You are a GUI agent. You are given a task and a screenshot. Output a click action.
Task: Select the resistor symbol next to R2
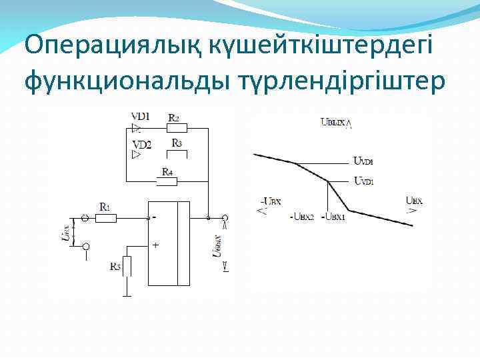click(176, 128)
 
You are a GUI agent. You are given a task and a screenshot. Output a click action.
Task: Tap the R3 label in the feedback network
click(177, 143)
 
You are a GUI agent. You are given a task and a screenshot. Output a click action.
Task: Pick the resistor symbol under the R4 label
click(167, 181)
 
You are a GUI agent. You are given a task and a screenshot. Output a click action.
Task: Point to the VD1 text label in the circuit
click(141, 116)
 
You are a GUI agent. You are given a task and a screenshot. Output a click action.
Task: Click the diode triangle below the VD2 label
click(137, 155)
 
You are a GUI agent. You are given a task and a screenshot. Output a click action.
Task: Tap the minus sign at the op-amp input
click(154, 217)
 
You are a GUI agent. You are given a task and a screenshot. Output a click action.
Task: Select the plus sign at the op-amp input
click(155, 245)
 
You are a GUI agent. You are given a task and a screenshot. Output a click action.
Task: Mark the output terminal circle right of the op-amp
click(225, 217)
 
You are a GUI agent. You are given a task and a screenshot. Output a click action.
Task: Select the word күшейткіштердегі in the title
click(303, 46)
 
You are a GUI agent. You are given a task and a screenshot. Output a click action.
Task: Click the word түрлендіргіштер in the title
click(339, 81)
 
